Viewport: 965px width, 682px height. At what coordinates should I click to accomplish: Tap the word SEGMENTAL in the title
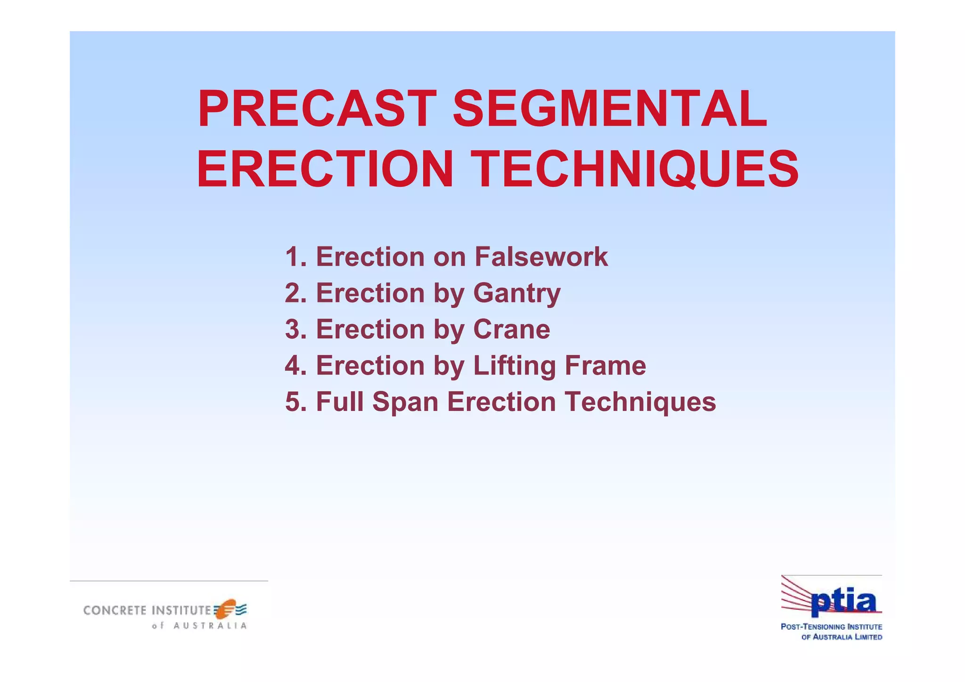tap(610, 109)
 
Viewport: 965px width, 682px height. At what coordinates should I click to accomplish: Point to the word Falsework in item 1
tap(541, 257)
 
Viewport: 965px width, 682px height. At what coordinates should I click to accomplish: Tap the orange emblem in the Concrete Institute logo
tap(227, 608)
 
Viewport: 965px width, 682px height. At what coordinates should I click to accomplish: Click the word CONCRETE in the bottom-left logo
tap(115, 610)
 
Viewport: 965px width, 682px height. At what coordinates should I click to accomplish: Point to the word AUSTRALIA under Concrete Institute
tap(210, 626)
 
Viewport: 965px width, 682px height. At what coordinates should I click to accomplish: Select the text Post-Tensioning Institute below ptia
tap(831, 627)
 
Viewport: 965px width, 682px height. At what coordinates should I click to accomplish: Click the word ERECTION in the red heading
tap(325, 169)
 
